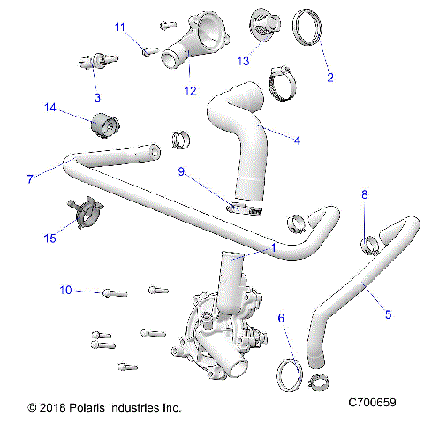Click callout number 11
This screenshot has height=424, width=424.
121,27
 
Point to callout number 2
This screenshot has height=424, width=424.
329,78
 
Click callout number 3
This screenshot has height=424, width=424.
97,96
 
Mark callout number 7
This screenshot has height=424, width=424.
30,178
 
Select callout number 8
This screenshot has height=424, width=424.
365,193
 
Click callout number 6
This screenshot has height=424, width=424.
281,317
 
